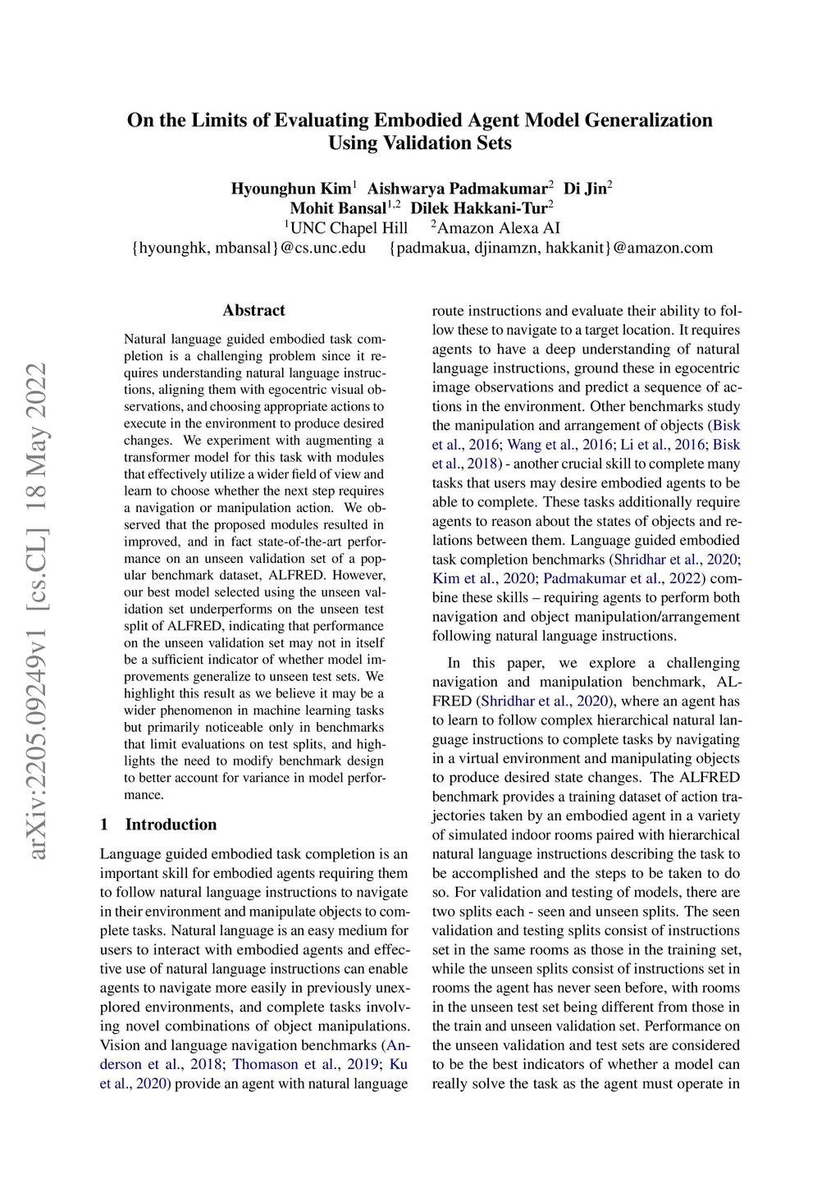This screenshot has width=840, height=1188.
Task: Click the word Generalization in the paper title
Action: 648,121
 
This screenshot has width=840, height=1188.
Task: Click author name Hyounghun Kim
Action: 290,189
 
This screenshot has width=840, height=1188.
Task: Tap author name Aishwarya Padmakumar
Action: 457,189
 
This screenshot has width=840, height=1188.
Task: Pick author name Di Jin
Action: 585,189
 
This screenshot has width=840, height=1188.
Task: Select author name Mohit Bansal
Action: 337,208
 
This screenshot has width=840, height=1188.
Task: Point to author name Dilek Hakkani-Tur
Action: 478,208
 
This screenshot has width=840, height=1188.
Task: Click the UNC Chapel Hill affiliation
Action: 349,228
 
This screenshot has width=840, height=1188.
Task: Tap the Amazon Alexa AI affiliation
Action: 498,228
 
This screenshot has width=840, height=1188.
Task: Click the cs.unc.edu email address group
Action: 249,248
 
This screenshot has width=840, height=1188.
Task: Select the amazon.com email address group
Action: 551,248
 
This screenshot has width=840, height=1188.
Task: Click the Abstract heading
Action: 253,310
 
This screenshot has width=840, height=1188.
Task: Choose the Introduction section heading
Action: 171,825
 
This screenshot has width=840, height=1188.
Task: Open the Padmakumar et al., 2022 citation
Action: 623,578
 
